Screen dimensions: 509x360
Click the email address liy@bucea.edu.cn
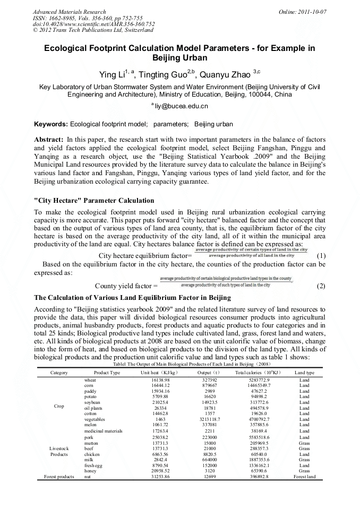click(x=181, y=106)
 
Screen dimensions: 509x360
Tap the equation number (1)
click(x=321, y=255)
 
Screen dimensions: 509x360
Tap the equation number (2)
click(x=321, y=286)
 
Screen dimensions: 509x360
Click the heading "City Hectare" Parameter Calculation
click(x=95, y=201)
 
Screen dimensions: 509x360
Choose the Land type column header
click(x=304, y=373)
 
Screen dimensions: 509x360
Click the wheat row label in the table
click(x=91, y=381)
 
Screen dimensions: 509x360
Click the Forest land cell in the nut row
click(x=304, y=477)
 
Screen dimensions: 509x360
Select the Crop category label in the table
click(x=59, y=406)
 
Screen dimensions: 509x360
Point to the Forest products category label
click(x=59, y=477)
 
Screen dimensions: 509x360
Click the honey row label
click(x=91, y=470)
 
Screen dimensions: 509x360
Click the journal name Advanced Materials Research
click(x=70, y=12)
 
